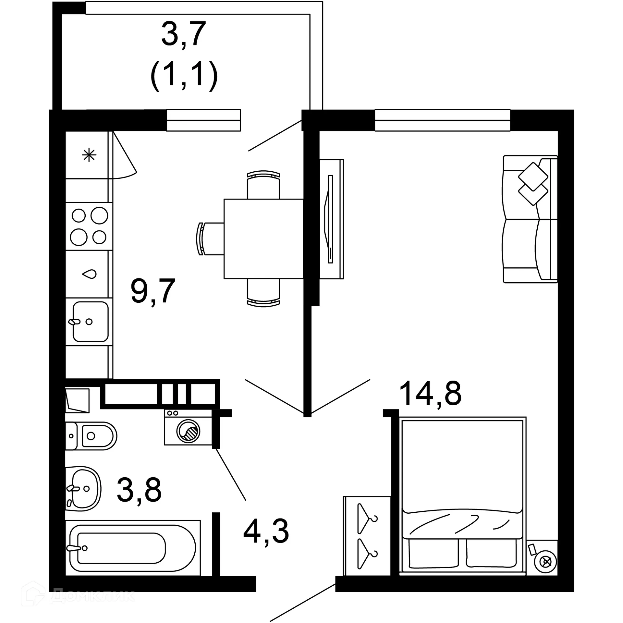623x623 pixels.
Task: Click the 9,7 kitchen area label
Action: click(x=153, y=291)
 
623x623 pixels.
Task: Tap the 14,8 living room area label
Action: click(x=430, y=394)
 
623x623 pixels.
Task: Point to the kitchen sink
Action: click(x=90, y=322)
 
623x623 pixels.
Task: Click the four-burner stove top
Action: click(x=89, y=226)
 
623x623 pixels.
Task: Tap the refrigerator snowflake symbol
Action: click(x=89, y=155)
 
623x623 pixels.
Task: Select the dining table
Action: click(x=263, y=239)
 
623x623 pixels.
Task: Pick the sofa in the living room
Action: click(x=530, y=219)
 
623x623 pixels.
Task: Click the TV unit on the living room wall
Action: click(x=331, y=219)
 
